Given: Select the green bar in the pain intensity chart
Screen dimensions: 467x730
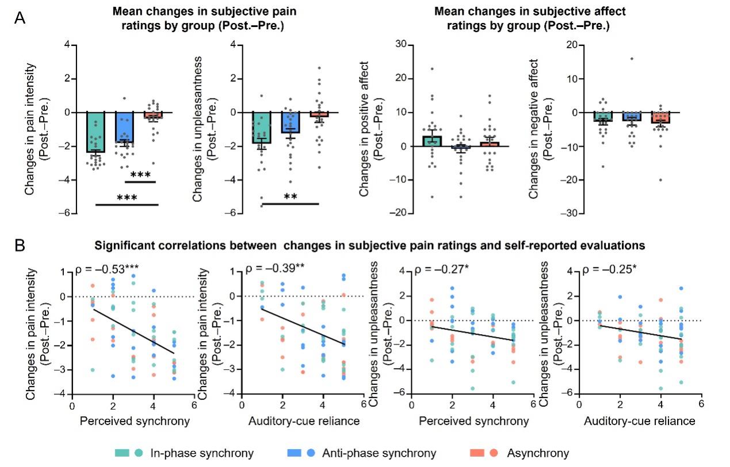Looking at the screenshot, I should click(x=95, y=132).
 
